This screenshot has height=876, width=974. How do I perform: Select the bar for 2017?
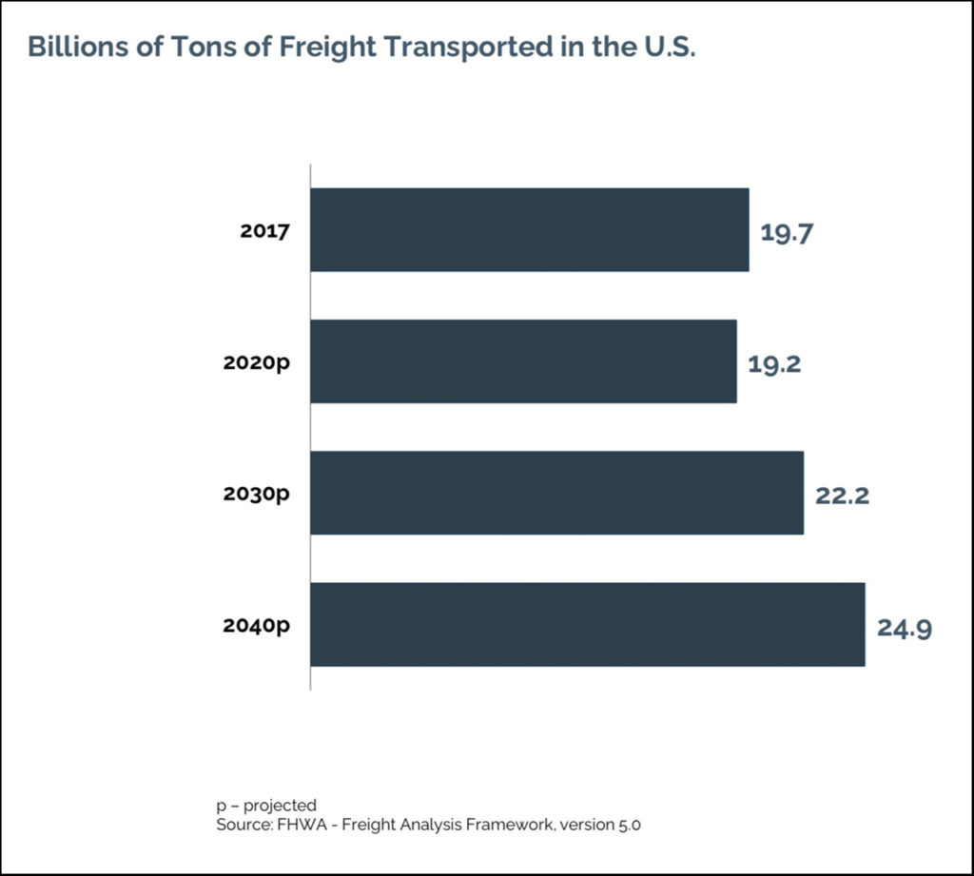(529, 229)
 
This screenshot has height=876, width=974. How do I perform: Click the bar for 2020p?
(523, 360)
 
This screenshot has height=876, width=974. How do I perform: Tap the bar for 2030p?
(556, 492)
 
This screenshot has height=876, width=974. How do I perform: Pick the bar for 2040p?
(587, 624)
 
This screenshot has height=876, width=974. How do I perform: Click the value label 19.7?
(786, 232)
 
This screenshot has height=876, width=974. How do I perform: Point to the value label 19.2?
(773, 363)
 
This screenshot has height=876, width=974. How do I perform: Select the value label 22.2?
(842, 495)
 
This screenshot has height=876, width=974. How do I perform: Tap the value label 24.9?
(904, 627)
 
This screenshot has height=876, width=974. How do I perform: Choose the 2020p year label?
(256, 361)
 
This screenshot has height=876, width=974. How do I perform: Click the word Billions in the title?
(71, 47)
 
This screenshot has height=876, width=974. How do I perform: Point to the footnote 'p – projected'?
(266, 806)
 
